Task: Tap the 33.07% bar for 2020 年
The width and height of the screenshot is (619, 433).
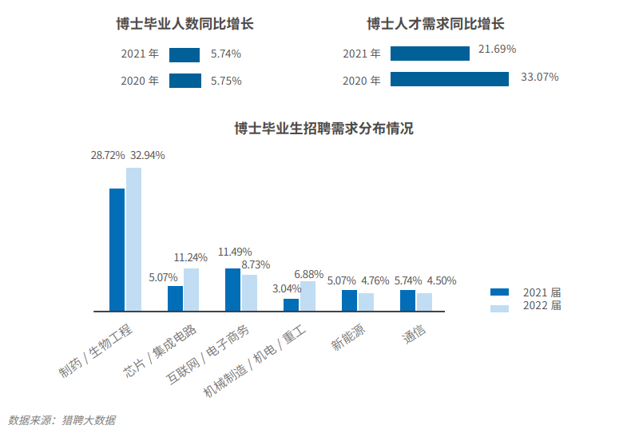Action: pyautogui.click(x=450, y=79)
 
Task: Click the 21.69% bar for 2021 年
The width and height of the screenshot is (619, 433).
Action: pyautogui.click(x=430, y=54)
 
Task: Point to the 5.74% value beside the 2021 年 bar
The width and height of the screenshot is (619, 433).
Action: pyautogui.click(x=226, y=54)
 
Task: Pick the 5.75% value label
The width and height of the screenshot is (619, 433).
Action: pyautogui.click(x=226, y=81)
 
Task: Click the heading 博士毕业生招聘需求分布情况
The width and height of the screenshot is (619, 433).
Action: pyautogui.click(x=323, y=129)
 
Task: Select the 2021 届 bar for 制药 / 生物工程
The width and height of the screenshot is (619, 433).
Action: pyautogui.click(x=117, y=249)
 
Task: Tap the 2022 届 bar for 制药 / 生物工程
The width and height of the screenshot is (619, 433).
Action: pyautogui.click(x=133, y=239)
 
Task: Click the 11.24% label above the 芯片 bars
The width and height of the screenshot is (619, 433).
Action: pyautogui.click(x=191, y=257)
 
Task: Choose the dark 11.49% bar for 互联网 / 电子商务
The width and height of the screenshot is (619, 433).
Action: pyautogui.click(x=233, y=289)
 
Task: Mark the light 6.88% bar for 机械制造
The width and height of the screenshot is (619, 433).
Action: pyautogui.click(x=308, y=296)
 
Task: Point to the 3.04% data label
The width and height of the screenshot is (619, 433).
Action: pyautogui.click(x=287, y=288)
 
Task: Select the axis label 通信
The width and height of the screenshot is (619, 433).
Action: pyautogui.click(x=414, y=333)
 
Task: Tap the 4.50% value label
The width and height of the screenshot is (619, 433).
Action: pyautogui.click(x=442, y=280)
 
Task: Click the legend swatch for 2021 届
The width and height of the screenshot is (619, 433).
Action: pyautogui.click(x=499, y=292)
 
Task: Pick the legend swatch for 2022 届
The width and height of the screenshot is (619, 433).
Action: pyautogui.click(x=499, y=308)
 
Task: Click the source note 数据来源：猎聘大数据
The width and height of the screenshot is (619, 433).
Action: pyautogui.click(x=62, y=420)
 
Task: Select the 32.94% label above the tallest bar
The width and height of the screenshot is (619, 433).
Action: pyautogui.click(x=148, y=155)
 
